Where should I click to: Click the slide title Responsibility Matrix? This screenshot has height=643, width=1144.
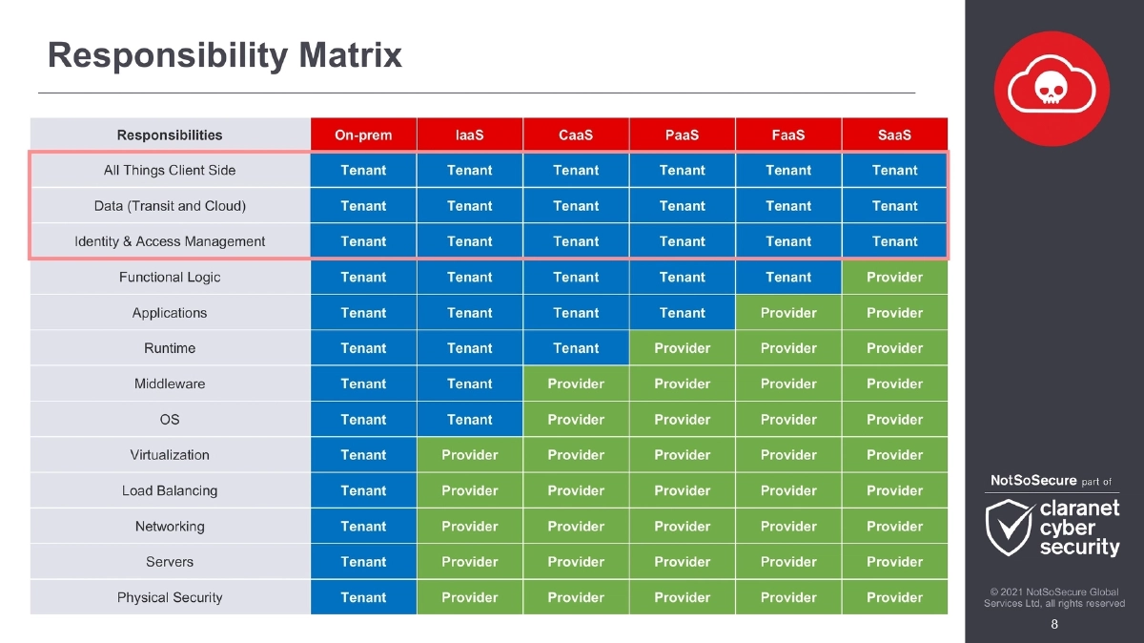pos(225,55)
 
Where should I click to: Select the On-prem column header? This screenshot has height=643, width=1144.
pos(363,135)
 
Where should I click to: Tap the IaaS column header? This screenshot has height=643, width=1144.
pos(470,135)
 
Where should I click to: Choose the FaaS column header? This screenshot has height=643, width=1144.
pos(788,135)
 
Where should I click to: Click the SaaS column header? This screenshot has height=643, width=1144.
pos(894,135)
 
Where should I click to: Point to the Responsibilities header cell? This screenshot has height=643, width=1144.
pos(170,135)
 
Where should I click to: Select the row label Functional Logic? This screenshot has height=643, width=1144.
pos(170,278)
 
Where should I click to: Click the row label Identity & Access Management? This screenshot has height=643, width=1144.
pos(170,241)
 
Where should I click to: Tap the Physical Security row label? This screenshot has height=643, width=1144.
pos(170,598)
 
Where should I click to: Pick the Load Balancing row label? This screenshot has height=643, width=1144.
pos(170,491)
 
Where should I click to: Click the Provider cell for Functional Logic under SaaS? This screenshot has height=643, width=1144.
pos(894,278)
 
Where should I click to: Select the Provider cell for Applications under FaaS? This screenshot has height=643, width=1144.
pos(788,313)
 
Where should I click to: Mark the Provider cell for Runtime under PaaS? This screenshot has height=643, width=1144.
pos(683,348)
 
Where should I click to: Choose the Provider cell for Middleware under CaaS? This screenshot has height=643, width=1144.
pos(576,384)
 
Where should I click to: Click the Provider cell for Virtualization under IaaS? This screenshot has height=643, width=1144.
pos(470,455)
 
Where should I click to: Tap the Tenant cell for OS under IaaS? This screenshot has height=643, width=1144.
pos(470,420)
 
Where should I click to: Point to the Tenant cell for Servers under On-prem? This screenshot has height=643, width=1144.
pos(363,562)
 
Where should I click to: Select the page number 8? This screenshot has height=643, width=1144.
pos(1053,625)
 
